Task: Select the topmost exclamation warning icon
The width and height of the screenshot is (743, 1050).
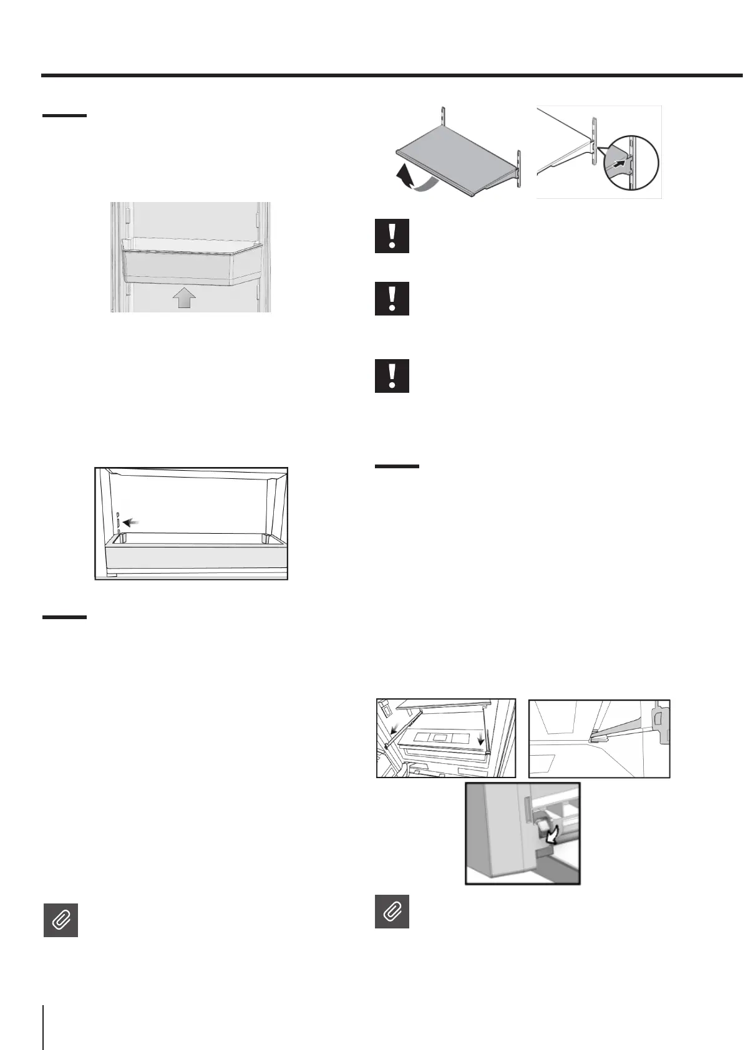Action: [392, 236]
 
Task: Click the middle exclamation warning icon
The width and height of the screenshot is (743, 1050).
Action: [392, 298]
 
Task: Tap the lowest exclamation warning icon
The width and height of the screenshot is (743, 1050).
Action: [392, 375]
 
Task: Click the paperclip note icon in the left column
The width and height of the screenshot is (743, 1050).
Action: [61, 920]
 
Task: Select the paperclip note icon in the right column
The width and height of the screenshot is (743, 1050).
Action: [392, 912]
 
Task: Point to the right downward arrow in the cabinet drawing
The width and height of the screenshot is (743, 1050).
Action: [479, 739]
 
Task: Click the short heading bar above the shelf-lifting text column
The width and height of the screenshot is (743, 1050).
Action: [397, 466]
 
